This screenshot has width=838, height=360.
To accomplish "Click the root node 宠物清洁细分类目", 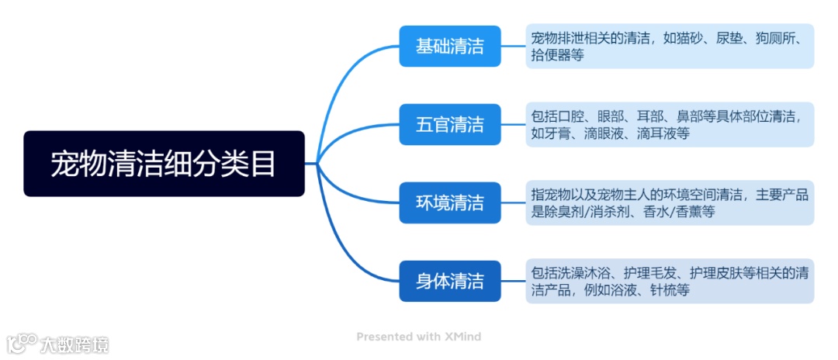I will click(163, 164).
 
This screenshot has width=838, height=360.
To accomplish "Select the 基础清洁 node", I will click(449, 46).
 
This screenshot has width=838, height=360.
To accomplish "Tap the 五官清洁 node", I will click(449, 124).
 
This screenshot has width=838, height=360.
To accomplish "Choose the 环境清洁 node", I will click(449, 202).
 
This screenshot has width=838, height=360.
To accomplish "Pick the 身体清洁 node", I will click(449, 281).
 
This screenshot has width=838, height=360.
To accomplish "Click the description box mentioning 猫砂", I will click(669, 46).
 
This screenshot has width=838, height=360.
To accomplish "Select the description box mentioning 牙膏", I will click(669, 124).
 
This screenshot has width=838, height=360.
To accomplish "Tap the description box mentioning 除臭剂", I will click(669, 202).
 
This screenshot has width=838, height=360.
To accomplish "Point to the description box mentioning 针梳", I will click(669, 281).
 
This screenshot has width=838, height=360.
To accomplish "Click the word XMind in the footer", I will click(463, 337).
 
